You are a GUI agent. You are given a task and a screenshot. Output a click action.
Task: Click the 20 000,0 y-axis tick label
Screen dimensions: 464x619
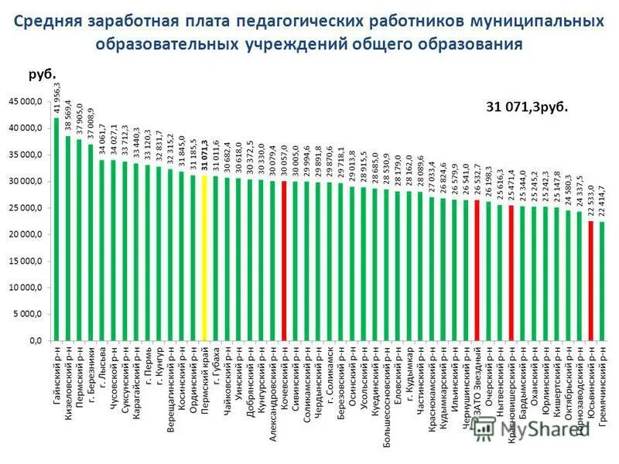pos(28,234)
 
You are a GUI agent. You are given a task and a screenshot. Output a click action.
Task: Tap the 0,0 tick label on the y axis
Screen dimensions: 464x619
pos(36,340)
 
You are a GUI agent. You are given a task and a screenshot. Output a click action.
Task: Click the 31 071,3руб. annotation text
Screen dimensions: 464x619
pos(526,107)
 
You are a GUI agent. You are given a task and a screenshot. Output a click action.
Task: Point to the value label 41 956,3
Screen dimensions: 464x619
pos(56,97)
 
